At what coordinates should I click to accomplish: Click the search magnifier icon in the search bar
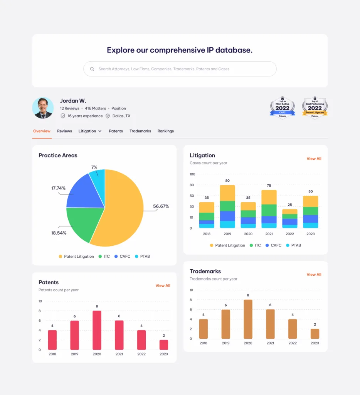click(x=92, y=69)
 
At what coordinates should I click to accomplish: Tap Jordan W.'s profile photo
click(x=43, y=108)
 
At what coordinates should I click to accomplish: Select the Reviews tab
click(x=64, y=131)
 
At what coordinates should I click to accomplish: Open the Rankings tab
click(x=166, y=131)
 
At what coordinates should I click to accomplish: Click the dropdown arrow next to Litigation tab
click(x=100, y=131)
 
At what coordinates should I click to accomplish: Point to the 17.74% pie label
click(x=58, y=188)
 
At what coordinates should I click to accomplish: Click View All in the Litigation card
click(x=314, y=159)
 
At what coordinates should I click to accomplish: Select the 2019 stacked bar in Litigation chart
click(x=227, y=206)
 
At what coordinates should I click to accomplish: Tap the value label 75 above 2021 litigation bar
click(x=269, y=186)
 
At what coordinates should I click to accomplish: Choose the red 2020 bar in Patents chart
click(x=97, y=330)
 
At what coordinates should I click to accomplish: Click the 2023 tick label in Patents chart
click(x=163, y=354)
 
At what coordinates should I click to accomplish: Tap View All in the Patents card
click(x=163, y=286)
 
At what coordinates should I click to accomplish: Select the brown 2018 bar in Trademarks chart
click(x=204, y=329)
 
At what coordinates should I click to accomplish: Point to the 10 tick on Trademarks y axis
click(x=191, y=290)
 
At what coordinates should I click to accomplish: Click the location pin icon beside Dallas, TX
click(x=108, y=116)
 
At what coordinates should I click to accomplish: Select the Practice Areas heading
click(x=58, y=155)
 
